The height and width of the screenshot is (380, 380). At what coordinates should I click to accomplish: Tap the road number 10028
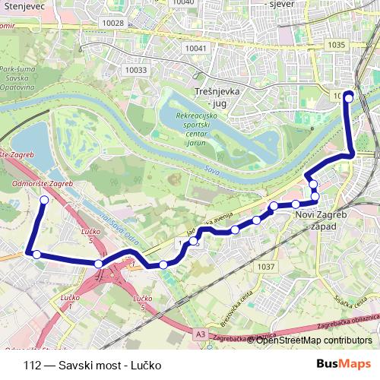click(112, 24)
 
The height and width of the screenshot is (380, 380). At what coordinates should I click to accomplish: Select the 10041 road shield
click(195, 48)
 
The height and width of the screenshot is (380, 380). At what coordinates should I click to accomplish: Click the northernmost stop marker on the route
click(349, 96)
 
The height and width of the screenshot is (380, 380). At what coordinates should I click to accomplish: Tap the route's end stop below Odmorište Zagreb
click(44, 200)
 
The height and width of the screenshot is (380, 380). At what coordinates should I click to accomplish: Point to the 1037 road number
click(266, 267)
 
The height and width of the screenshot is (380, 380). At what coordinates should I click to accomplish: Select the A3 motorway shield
click(199, 334)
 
